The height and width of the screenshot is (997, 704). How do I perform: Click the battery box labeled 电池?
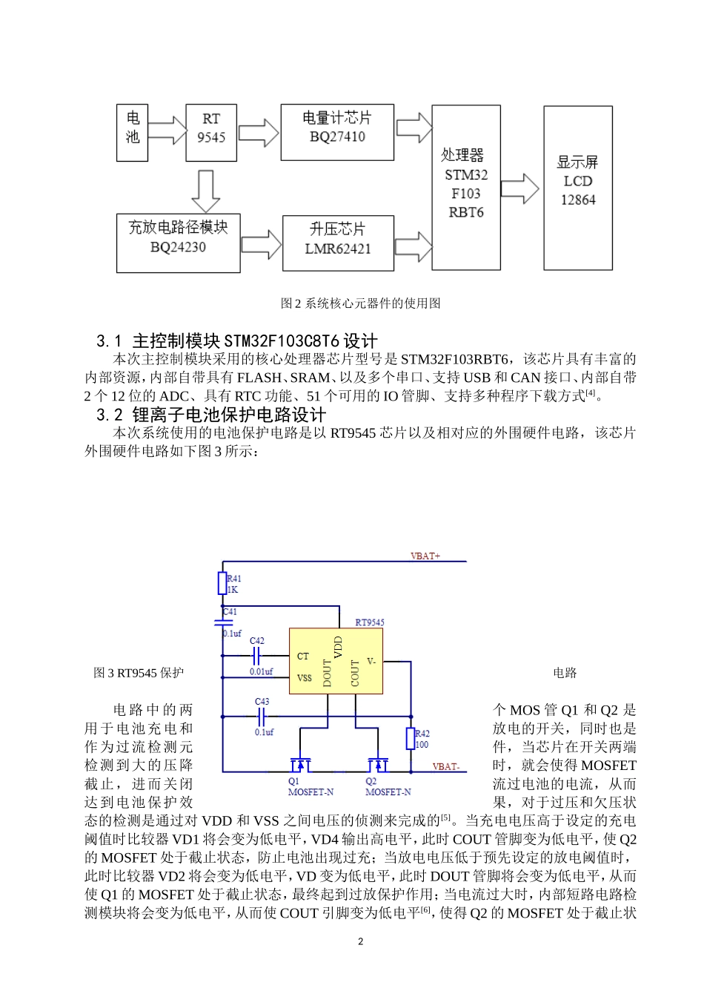[132, 133]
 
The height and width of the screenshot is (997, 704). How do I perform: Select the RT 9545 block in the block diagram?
[211, 133]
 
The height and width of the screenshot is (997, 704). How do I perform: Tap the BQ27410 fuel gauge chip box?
[337, 132]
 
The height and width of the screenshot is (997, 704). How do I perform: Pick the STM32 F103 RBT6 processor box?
[465, 187]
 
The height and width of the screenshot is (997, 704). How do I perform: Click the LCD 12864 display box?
[578, 187]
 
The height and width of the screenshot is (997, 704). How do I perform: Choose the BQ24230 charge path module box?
[178, 243]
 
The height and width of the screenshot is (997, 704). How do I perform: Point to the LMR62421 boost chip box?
[338, 243]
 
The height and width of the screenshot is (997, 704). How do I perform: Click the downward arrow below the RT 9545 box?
[205, 191]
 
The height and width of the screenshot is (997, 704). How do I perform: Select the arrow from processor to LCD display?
[520, 188]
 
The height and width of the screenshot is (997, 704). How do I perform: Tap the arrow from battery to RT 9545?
[168, 131]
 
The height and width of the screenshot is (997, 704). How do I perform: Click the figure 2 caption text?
[360, 303]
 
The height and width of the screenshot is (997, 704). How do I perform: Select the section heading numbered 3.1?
[237, 340]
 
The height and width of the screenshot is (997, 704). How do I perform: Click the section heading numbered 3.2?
[211, 415]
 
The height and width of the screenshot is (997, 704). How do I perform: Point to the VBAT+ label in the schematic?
[425, 556]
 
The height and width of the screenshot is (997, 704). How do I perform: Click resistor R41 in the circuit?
[222, 583]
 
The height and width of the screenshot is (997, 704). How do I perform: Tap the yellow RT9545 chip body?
[336, 661]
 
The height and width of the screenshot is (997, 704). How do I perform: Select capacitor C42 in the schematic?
[257, 655]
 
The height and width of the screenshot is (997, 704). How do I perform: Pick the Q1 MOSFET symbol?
[300, 764]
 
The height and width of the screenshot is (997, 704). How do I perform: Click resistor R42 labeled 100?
[411, 739]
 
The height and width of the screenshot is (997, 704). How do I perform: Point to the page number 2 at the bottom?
[360, 941]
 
